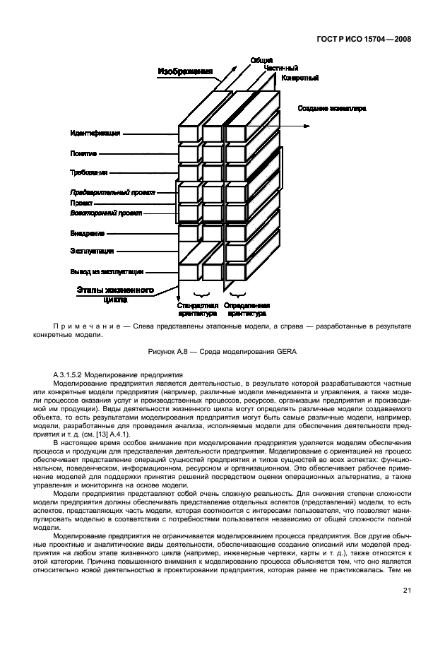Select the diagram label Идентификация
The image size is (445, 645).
click(x=95, y=133)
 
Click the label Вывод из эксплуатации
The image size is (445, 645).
click(x=107, y=271)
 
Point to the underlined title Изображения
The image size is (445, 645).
click(x=185, y=71)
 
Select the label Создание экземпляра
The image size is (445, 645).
click(x=331, y=108)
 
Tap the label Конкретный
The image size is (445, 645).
click(x=300, y=78)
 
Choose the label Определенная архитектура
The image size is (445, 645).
click(x=245, y=309)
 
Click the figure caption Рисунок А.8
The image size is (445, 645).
click(x=222, y=353)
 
